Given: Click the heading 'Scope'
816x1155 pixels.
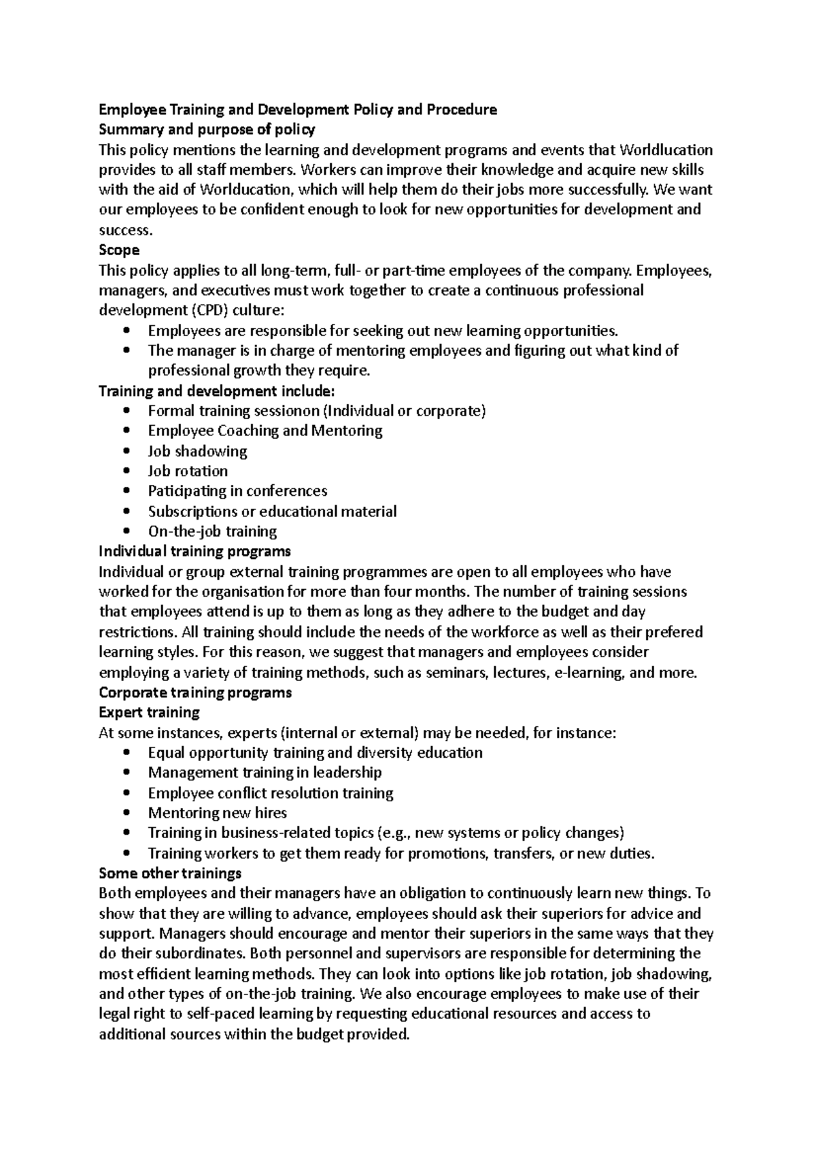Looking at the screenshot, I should pos(119,250).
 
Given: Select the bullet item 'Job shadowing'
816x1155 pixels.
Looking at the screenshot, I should pos(197,451).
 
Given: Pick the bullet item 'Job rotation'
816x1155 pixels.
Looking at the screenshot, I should pos(188,471).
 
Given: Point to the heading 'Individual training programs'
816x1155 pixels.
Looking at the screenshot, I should pos(194,551).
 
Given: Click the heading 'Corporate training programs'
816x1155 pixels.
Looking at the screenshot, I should pos(195,692).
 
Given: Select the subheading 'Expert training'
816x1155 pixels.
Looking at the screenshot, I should pos(149,712).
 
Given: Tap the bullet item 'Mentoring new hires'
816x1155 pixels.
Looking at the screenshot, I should pos(217,813).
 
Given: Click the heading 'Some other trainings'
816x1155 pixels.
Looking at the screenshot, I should pos(170,873).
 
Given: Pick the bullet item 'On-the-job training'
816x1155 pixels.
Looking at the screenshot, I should pos(212,531).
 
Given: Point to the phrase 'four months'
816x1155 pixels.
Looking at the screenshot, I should pos(426,592).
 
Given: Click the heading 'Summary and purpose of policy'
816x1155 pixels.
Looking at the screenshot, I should pos(207,129).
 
